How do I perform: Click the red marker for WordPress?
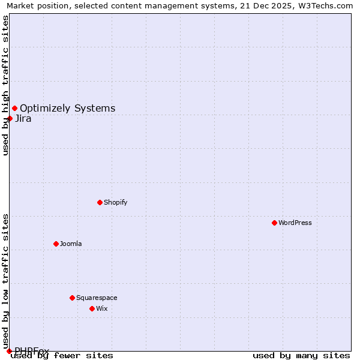tap(274, 223)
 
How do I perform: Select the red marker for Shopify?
tap(100, 202)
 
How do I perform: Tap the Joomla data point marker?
tap(56, 244)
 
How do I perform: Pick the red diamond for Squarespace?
tap(72, 298)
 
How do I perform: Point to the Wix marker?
tap(92, 308)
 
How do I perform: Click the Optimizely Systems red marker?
tap(14, 108)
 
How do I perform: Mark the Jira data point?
tap(10, 118)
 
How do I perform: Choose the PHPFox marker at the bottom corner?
tap(9, 351)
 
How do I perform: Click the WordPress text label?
tap(295, 223)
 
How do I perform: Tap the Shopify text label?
tap(116, 202)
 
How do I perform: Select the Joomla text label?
tap(71, 244)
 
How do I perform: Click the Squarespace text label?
tap(97, 298)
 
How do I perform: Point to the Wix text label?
tap(102, 308)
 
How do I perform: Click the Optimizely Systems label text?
tap(68, 108)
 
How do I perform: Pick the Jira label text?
tap(23, 118)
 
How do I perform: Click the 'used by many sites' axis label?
tap(301, 355)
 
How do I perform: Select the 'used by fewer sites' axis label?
tap(62, 355)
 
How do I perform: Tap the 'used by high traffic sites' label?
tap(5, 85)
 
